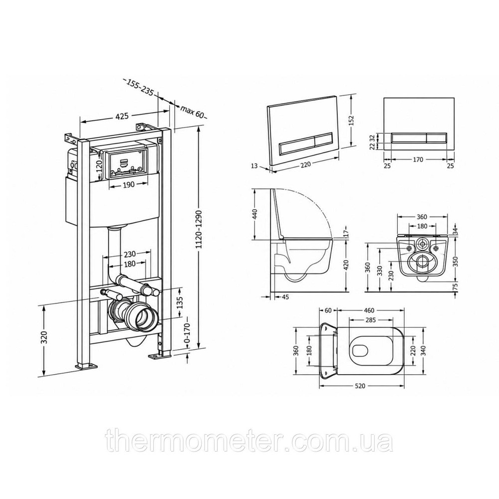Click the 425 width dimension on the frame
tap(122, 116)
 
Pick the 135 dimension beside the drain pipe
tap(180, 303)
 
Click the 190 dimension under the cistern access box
tap(129, 185)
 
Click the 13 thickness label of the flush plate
tap(254, 166)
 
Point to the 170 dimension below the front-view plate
tap(418, 160)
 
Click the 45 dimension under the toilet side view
tap(285, 297)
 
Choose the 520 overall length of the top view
tap(360, 386)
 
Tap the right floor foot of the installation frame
tap(160, 355)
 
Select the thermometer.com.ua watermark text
tap(249, 440)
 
